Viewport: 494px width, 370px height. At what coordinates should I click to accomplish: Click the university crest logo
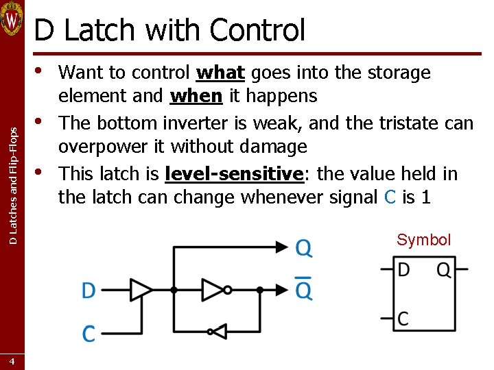click(x=12, y=18)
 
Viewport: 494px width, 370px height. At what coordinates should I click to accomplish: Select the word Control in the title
click(x=257, y=30)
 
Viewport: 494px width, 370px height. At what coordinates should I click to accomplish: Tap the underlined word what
click(x=220, y=73)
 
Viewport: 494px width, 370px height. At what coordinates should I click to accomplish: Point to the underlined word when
click(x=196, y=96)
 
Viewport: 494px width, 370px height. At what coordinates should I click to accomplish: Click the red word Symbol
click(x=423, y=240)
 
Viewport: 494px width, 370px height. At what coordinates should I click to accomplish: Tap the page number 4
click(x=12, y=360)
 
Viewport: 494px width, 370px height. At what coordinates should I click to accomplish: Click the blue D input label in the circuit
click(x=89, y=291)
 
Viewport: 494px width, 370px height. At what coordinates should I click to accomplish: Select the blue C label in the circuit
click(x=89, y=334)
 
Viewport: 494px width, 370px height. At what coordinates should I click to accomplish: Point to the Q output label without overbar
click(x=303, y=247)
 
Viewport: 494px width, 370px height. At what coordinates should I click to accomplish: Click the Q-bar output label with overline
click(x=303, y=291)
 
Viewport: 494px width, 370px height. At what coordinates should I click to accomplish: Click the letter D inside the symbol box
click(x=403, y=269)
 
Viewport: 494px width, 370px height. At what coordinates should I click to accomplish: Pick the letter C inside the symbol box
click(x=403, y=318)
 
